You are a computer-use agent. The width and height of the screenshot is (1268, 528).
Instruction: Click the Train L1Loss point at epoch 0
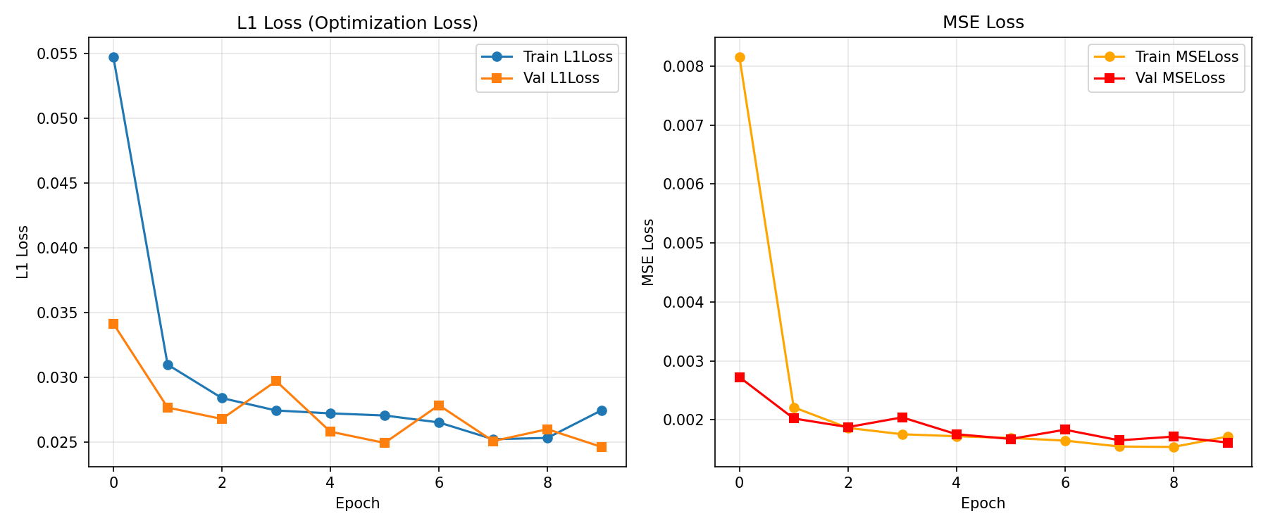113,57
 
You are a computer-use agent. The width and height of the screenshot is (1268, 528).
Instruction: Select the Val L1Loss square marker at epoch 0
113,324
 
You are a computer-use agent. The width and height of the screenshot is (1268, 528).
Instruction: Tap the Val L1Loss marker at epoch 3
276,381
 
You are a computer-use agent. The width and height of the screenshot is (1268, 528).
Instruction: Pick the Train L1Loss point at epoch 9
602,410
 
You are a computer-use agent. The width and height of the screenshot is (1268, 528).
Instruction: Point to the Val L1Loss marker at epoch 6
439,406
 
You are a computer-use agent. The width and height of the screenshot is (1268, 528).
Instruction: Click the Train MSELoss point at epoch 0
740,58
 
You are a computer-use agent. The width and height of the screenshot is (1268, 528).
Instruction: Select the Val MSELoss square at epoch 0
740,377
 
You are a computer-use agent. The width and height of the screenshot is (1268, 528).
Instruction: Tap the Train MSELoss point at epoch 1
794,408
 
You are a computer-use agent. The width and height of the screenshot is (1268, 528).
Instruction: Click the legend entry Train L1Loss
567,57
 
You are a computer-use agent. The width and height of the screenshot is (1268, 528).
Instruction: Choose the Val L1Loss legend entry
561,78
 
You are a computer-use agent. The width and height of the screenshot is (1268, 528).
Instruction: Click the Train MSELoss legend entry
1186,57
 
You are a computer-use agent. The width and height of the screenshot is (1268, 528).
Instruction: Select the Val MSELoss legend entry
1180,78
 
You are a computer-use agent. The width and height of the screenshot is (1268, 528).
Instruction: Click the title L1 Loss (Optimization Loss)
357,23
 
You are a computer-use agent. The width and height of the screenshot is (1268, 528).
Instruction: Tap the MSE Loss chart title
983,23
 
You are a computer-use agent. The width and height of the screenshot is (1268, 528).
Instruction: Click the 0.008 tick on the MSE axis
684,67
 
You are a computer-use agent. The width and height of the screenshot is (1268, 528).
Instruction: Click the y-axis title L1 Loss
23,252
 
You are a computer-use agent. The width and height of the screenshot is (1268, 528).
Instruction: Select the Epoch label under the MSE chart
983,503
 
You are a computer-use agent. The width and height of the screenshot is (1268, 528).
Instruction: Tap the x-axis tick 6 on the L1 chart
439,483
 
